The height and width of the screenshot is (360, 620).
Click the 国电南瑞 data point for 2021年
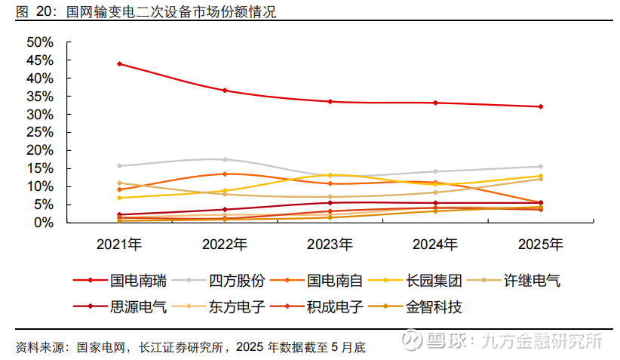(119, 64)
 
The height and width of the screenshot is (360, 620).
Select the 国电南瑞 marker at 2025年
(540, 106)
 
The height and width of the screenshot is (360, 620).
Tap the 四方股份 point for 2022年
(225, 159)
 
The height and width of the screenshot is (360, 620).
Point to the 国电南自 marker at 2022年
(225, 174)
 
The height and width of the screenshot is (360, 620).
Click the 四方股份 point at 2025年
(540, 166)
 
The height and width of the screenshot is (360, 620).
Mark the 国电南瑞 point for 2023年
(330, 101)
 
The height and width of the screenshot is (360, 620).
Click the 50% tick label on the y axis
(39, 42)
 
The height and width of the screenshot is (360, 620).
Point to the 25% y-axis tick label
(39, 132)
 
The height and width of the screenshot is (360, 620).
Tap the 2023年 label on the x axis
(330, 244)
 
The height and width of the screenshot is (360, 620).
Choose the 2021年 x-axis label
(119, 244)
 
